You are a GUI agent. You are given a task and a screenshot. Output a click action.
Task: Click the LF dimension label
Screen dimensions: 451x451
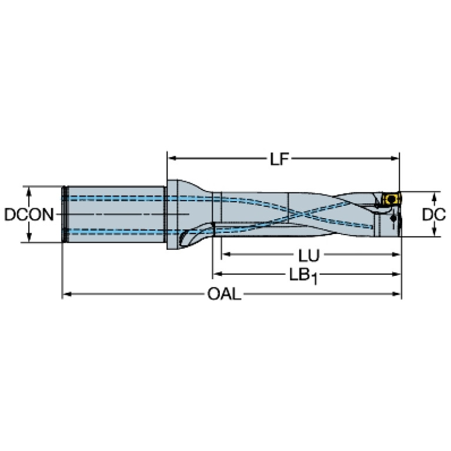click(x=279, y=159)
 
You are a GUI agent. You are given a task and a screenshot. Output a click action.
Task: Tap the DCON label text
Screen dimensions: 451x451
click(x=29, y=215)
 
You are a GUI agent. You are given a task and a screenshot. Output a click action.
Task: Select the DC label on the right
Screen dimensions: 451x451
click(x=434, y=215)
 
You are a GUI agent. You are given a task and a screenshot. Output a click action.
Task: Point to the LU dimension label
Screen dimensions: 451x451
click(x=309, y=255)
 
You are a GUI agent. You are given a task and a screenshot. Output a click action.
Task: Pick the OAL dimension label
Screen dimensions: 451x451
click(x=225, y=294)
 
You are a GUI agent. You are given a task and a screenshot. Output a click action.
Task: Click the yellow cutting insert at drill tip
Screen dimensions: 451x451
click(x=391, y=199)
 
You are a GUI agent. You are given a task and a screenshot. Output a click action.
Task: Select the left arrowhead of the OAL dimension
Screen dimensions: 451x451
click(x=67, y=294)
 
